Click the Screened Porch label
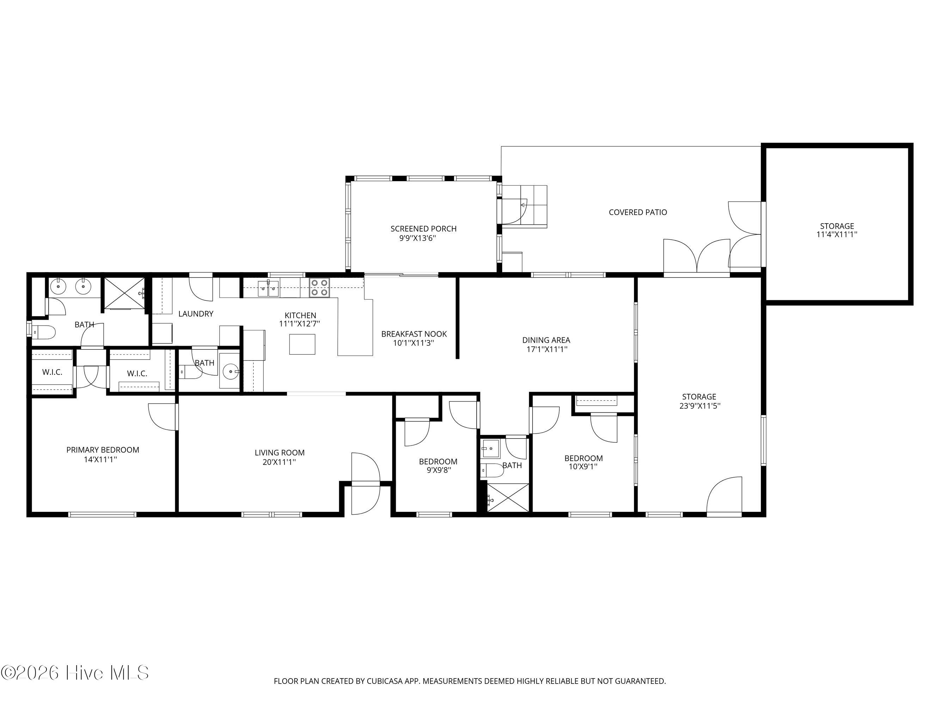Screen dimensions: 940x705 (424, 229)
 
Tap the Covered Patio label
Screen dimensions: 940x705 (638, 212)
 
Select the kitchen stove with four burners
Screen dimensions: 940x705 (319, 287)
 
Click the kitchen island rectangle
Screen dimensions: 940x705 (302, 344)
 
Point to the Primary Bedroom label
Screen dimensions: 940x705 (103, 449)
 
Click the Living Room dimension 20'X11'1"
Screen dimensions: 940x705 (279, 462)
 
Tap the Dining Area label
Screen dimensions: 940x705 (546, 340)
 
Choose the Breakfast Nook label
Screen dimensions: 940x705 (414, 334)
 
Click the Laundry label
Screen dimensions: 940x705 (196, 314)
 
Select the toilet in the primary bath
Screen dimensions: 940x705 (44, 332)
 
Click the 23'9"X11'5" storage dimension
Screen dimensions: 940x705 (700, 406)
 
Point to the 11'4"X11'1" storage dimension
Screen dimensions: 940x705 (837, 234)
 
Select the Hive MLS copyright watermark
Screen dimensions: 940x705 (75, 673)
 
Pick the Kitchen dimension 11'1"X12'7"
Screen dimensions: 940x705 (300, 323)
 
